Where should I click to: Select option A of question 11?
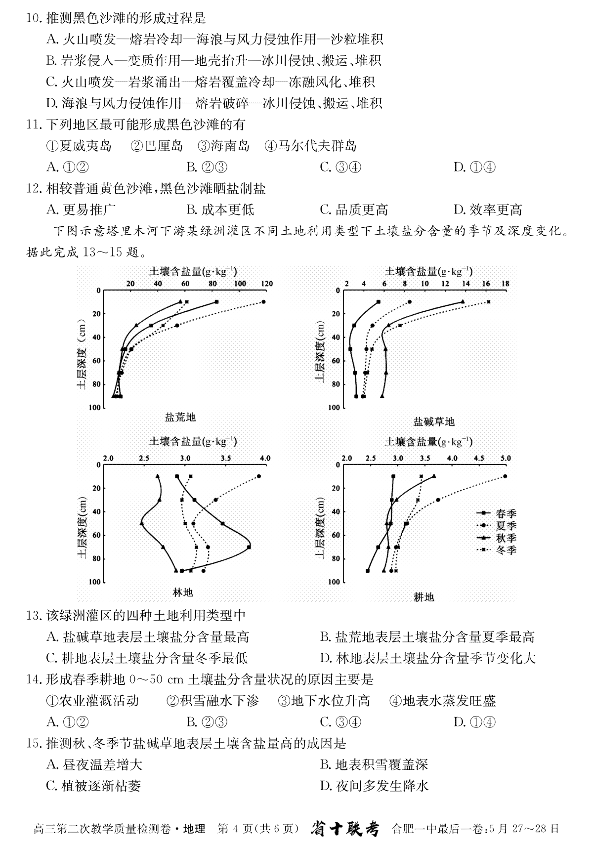[x=67, y=167]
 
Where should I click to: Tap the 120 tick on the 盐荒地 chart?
[x=267, y=284]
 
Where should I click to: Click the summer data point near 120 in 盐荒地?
[x=264, y=302]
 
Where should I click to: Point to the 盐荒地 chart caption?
[x=180, y=418]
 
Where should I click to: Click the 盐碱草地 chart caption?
[x=433, y=421]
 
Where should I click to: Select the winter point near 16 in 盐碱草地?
[x=489, y=302]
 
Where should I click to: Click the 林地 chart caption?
[x=183, y=592]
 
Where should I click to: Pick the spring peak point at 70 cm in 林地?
[x=249, y=547]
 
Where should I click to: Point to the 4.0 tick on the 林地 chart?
[x=265, y=458]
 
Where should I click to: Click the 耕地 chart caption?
[x=424, y=597]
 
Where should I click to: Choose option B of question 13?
[x=427, y=637]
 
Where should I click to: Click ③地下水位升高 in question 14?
[x=324, y=701]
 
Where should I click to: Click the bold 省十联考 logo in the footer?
[x=345, y=829]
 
